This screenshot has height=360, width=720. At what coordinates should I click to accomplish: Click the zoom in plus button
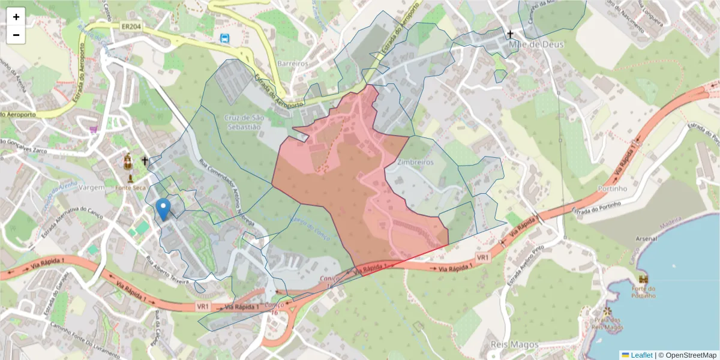click(x=16, y=17)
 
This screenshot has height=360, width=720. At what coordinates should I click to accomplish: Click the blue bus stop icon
click(x=224, y=38)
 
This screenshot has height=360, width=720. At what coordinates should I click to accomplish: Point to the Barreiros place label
click(x=293, y=64)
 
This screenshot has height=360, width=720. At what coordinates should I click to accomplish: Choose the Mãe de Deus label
click(x=529, y=45)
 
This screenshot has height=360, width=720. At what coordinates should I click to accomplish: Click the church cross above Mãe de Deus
click(x=511, y=34)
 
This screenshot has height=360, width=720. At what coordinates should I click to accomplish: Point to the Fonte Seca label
click(x=131, y=188)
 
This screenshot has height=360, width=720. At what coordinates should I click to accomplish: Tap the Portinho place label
click(x=612, y=188)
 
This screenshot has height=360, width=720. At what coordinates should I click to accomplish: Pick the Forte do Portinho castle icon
click(x=644, y=280)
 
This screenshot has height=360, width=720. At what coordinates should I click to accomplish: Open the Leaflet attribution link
click(x=641, y=355)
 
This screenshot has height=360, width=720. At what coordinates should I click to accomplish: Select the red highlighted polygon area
click(x=336, y=180)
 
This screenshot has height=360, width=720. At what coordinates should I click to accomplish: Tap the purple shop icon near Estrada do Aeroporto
click(x=94, y=128)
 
